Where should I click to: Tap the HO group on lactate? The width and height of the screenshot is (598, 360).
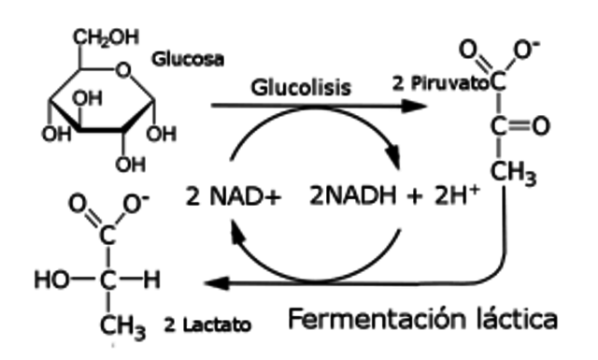click(x=49, y=278)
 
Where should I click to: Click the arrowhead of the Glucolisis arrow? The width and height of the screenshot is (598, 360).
click(x=415, y=105)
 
